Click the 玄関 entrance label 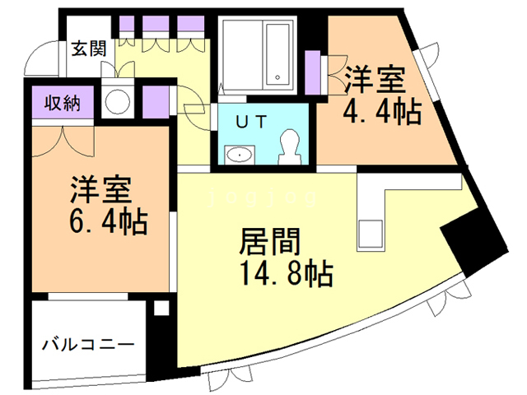click(x=87, y=48)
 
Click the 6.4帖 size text click(x=100, y=220)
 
